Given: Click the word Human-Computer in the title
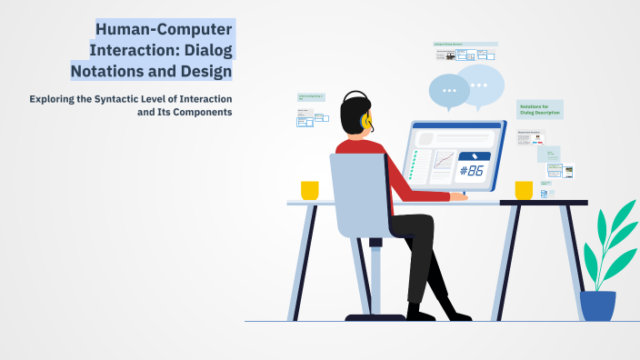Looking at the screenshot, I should pos(165,28).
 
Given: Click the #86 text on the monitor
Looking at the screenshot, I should pos(473,170).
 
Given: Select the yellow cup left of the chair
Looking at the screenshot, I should pos(310,190).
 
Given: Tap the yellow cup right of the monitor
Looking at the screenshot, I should pos(524,190).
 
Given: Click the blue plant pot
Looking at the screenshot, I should pos(597,305).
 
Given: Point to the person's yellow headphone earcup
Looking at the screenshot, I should pos(365,120).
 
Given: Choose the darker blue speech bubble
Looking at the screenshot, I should pos(449,90).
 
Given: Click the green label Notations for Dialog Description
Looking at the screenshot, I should pos(539,110).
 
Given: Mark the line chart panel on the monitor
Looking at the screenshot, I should pos(444,161).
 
